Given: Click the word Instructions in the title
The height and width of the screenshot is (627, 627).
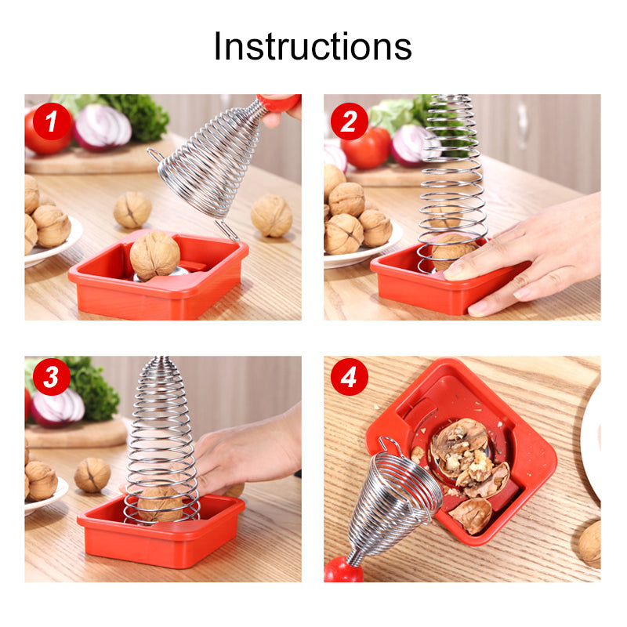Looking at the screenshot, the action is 313,46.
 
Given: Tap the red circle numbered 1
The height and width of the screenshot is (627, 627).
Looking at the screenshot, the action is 52,121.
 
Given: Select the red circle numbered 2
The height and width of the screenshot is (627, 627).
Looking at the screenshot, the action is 349,121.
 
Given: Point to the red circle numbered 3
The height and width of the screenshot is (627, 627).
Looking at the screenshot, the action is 52,377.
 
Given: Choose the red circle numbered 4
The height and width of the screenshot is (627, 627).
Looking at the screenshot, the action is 349,377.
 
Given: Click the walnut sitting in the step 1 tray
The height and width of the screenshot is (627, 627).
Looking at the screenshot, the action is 154,256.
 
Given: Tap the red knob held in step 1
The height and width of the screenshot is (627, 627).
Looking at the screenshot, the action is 279,103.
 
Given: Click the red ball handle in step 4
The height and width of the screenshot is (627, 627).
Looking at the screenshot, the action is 343,570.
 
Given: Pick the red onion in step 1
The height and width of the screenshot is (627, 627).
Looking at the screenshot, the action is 103,127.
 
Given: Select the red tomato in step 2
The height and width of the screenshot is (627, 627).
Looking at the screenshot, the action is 366,148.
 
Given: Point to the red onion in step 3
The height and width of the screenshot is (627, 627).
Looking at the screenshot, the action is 57,407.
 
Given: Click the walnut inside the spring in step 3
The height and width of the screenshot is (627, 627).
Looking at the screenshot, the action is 160,504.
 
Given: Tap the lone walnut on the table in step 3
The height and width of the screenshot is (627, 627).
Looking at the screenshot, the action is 92,475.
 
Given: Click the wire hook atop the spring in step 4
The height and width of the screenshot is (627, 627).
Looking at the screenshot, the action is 389,444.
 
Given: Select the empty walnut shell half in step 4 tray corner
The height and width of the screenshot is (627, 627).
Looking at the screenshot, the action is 471,516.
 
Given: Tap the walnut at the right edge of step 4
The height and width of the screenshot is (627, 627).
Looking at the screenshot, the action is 590,544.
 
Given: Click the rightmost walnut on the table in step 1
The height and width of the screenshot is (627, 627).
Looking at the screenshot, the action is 271,216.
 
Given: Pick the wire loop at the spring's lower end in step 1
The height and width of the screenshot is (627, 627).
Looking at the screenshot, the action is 227,230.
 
